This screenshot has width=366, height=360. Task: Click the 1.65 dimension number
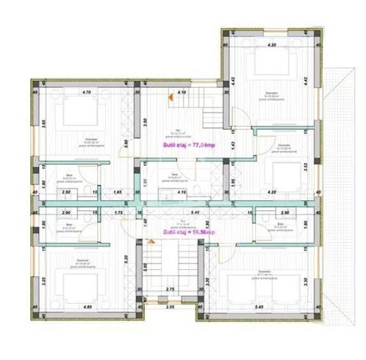coord(118,192)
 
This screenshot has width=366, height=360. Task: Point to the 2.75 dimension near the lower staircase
coord(170,290)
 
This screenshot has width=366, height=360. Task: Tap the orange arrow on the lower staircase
coord(151,242)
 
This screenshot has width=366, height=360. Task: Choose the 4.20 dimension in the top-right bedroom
coord(270,45)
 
